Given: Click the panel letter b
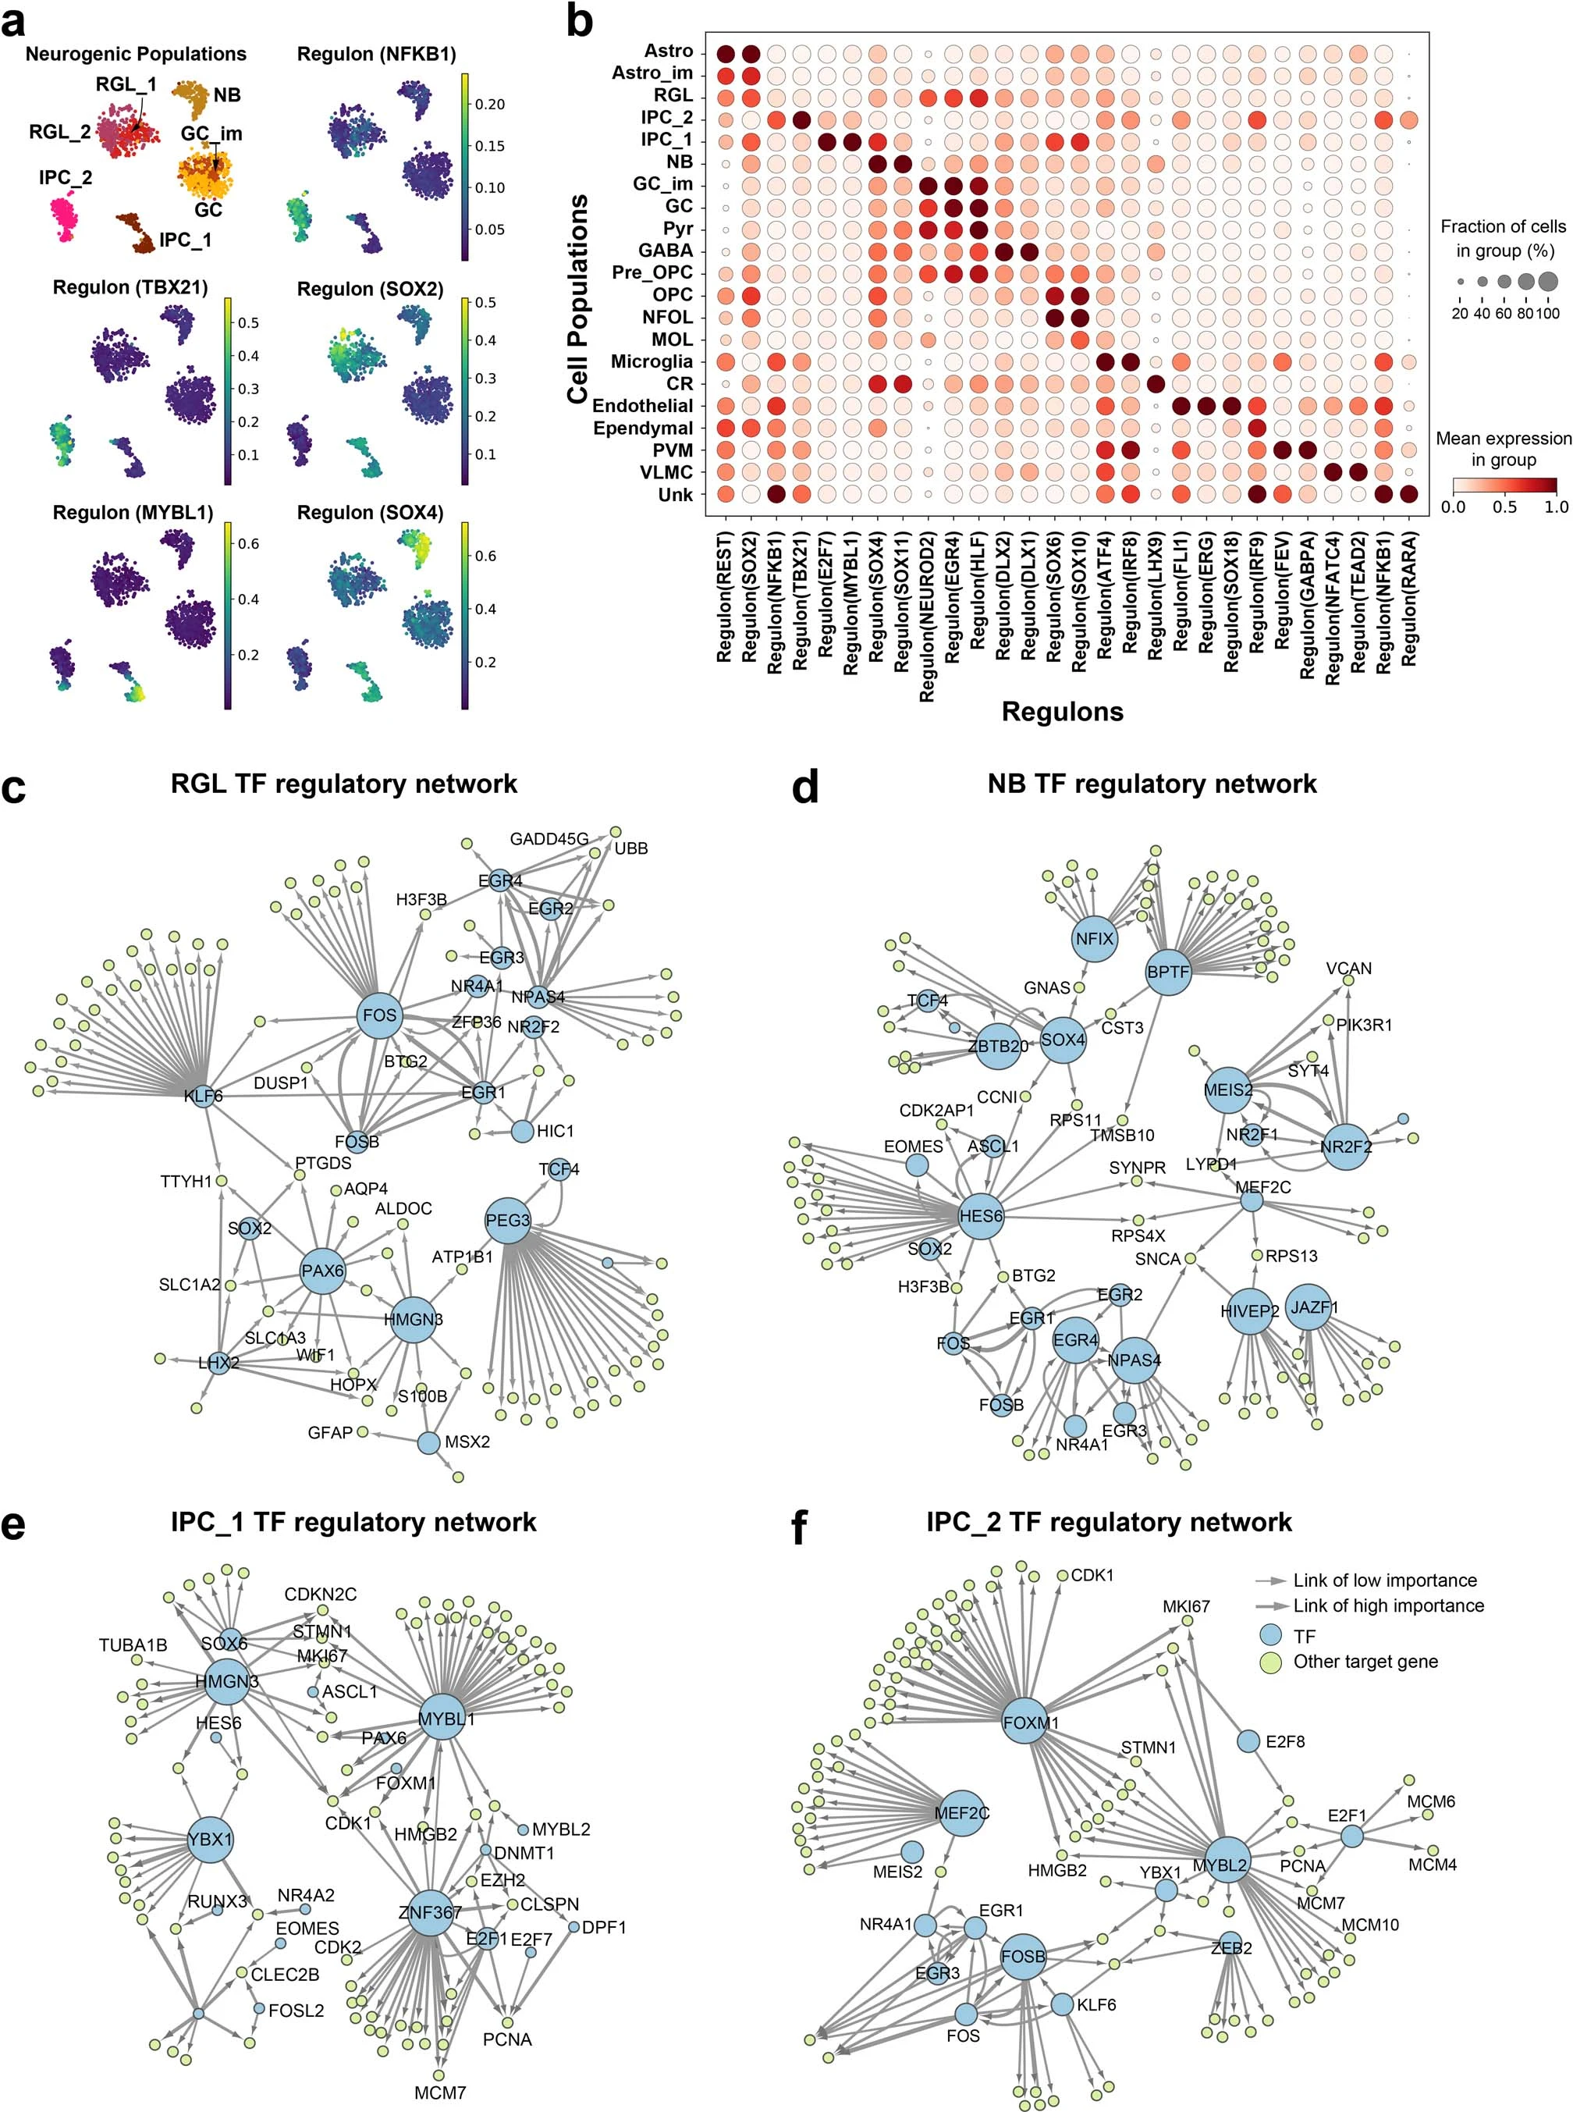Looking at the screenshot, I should click(579, 21).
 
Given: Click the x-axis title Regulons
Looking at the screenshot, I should click(1062, 711).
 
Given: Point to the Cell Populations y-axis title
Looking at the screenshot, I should click(577, 299).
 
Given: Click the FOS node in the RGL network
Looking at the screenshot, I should click(379, 1015).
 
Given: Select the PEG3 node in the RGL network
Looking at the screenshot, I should click(507, 1220).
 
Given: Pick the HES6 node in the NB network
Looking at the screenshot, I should click(981, 1216).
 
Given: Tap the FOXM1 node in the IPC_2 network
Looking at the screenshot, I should click(1028, 1722).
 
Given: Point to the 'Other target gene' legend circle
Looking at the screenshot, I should click(1270, 1662).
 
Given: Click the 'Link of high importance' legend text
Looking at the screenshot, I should click(1387, 1606).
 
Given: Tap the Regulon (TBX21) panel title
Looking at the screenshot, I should click(130, 287).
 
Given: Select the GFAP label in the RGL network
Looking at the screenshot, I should click(330, 1432).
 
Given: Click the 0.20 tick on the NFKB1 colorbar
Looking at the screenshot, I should click(489, 104).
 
